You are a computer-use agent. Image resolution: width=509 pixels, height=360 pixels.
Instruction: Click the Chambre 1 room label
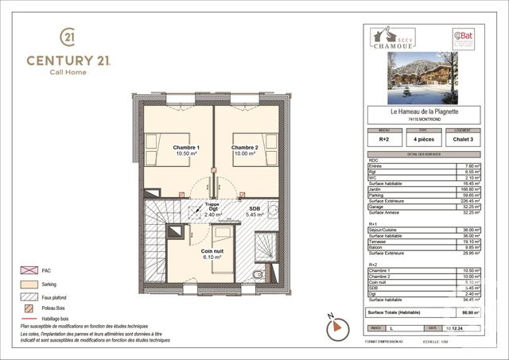point(188,152)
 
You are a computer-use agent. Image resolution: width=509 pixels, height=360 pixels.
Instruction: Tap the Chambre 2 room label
point(244,152)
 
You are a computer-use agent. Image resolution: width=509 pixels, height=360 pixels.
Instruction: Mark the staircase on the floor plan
point(156,242)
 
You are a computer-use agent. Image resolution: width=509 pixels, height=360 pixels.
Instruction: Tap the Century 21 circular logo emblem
point(68,37)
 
